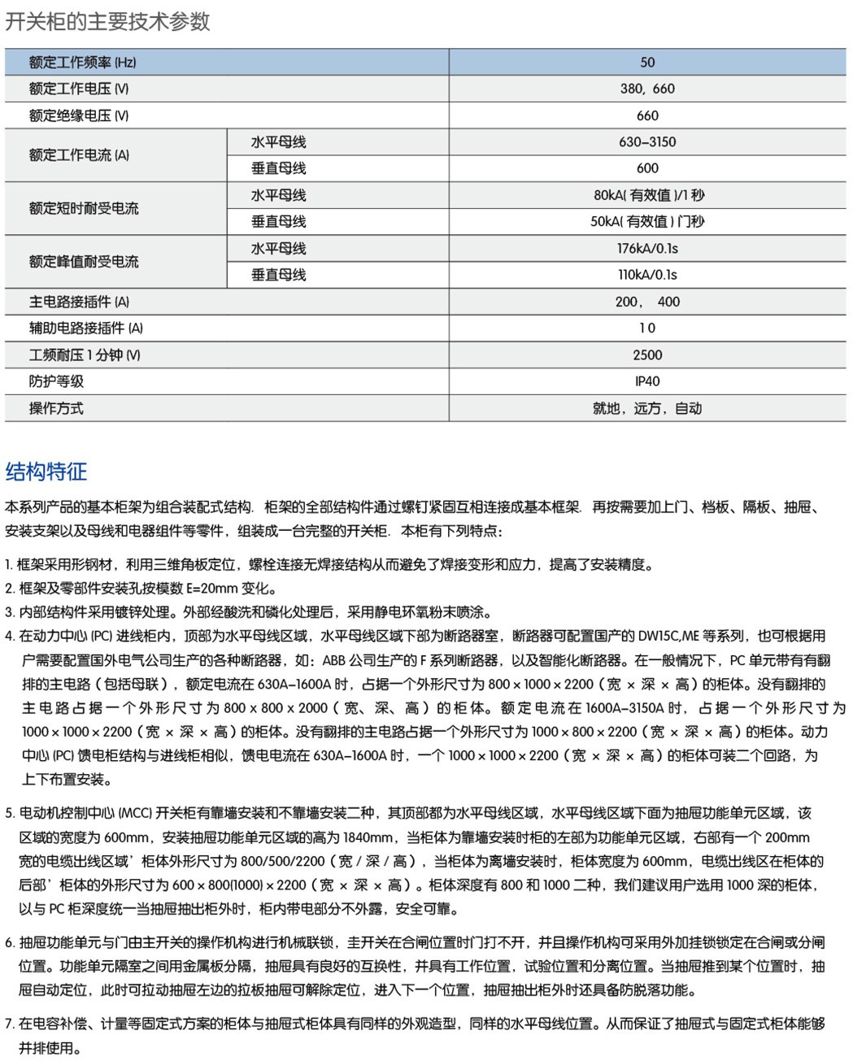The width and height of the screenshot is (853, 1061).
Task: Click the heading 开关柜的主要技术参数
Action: pos(107,21)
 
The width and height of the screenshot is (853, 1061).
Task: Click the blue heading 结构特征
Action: pos(46,472)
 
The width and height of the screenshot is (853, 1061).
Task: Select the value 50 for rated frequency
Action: pos(647,63)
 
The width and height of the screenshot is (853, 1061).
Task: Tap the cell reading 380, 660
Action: pos(647,89)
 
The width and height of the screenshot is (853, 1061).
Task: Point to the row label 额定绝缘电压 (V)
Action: pos(79,115)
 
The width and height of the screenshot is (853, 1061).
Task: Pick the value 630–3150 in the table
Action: pos(647,142)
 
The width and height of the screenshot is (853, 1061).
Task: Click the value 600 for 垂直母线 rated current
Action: pos(647,168)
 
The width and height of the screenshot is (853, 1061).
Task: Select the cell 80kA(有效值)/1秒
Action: pos(648,195)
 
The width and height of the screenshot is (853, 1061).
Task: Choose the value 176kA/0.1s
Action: pos(647,248)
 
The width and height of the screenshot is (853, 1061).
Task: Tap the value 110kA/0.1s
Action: pos(647,275)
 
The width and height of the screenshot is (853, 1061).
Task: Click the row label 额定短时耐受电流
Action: pos(84,208)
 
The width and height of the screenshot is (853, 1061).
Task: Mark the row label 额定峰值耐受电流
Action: pos(84,262)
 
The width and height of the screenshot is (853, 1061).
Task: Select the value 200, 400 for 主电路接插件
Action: pos(647,302)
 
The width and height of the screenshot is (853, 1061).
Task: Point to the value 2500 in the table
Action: pos(647,354)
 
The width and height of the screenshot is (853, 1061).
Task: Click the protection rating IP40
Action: pos(647,381)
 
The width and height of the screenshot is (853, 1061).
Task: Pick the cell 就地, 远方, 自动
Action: pos(647,408)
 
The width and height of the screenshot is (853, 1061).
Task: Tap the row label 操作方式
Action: pos(56,408)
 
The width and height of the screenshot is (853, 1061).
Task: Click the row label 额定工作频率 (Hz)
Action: pos(82,63)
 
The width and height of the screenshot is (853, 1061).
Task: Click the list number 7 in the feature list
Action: pos(9,1024)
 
